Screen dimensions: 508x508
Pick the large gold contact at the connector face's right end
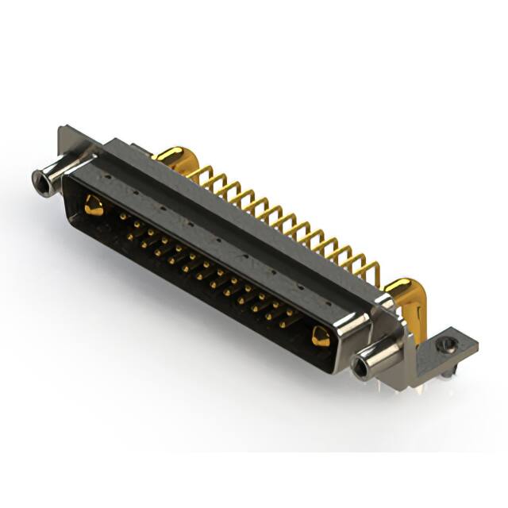320,337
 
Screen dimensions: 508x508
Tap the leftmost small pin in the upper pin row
122,215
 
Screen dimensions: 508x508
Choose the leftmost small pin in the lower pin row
132,231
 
